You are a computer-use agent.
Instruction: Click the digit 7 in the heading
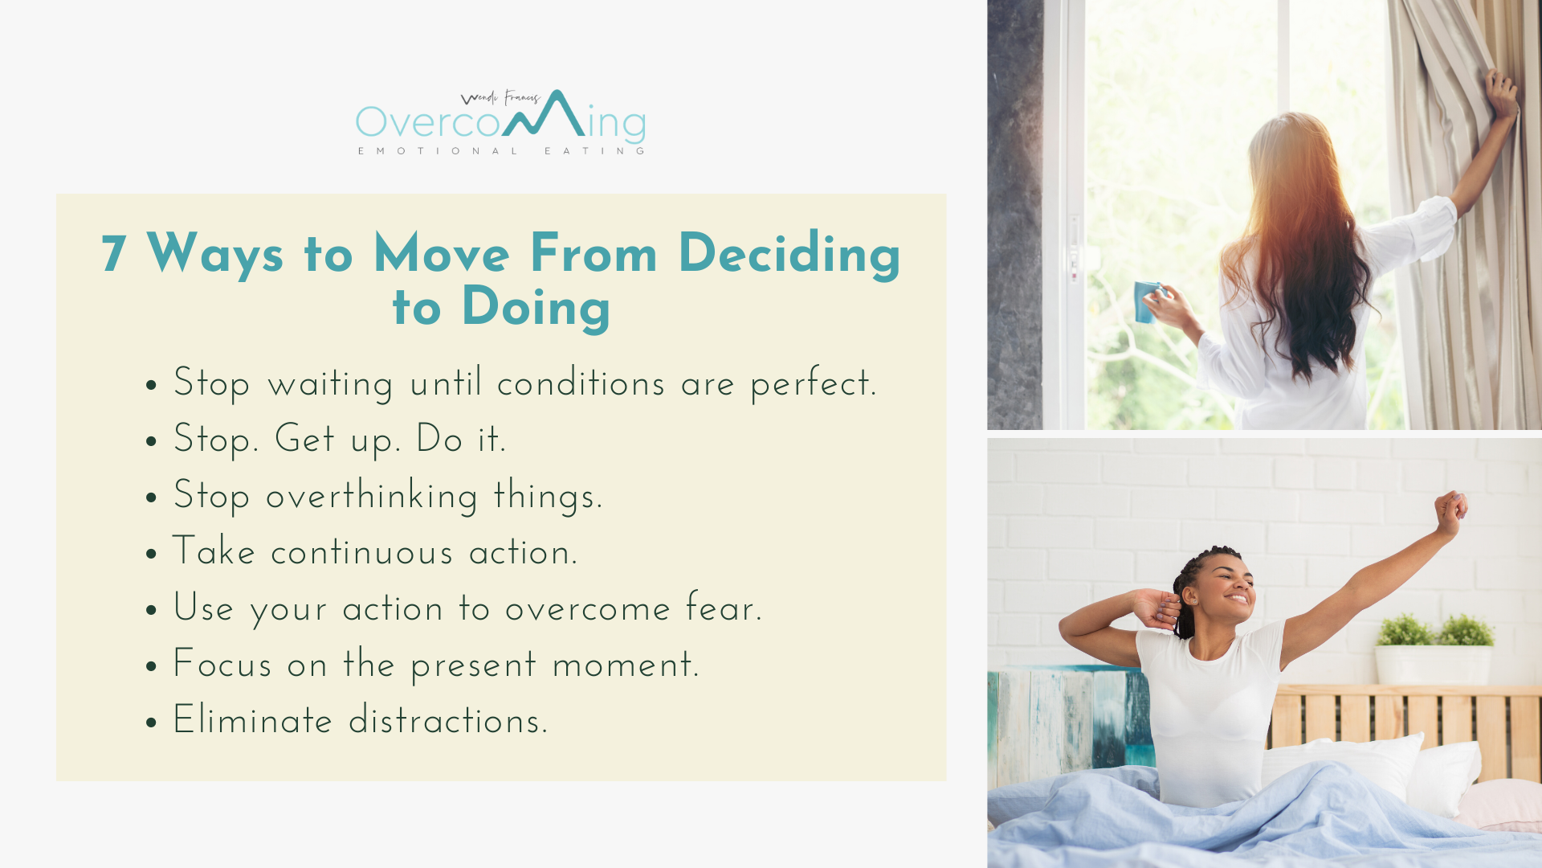pyautogui.click(x=114, y=254)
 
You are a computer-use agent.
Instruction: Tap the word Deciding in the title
pyautogui.click(x=789, y=255)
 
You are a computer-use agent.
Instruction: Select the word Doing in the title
pyautogui.click(x=536, y=309)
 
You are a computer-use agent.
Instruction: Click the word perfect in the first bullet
pyautogui.click(x=813, y=383)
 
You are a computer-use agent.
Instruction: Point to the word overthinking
pyautogui.click(x=372, y=495)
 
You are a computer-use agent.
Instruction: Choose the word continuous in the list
pyautogui.click(x=362, y=552)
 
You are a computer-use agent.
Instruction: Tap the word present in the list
pyautogui.click(x=474, y=666)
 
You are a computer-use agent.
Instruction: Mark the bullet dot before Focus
pyautogui.click(x=152, y=667)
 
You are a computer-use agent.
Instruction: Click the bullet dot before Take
pyautogui.click(x=152, y=555)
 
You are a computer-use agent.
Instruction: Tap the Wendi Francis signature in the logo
pyautogui.click(x=500, y=98)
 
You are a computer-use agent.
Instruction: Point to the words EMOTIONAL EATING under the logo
pyautogui.click(x=501, y=151)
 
